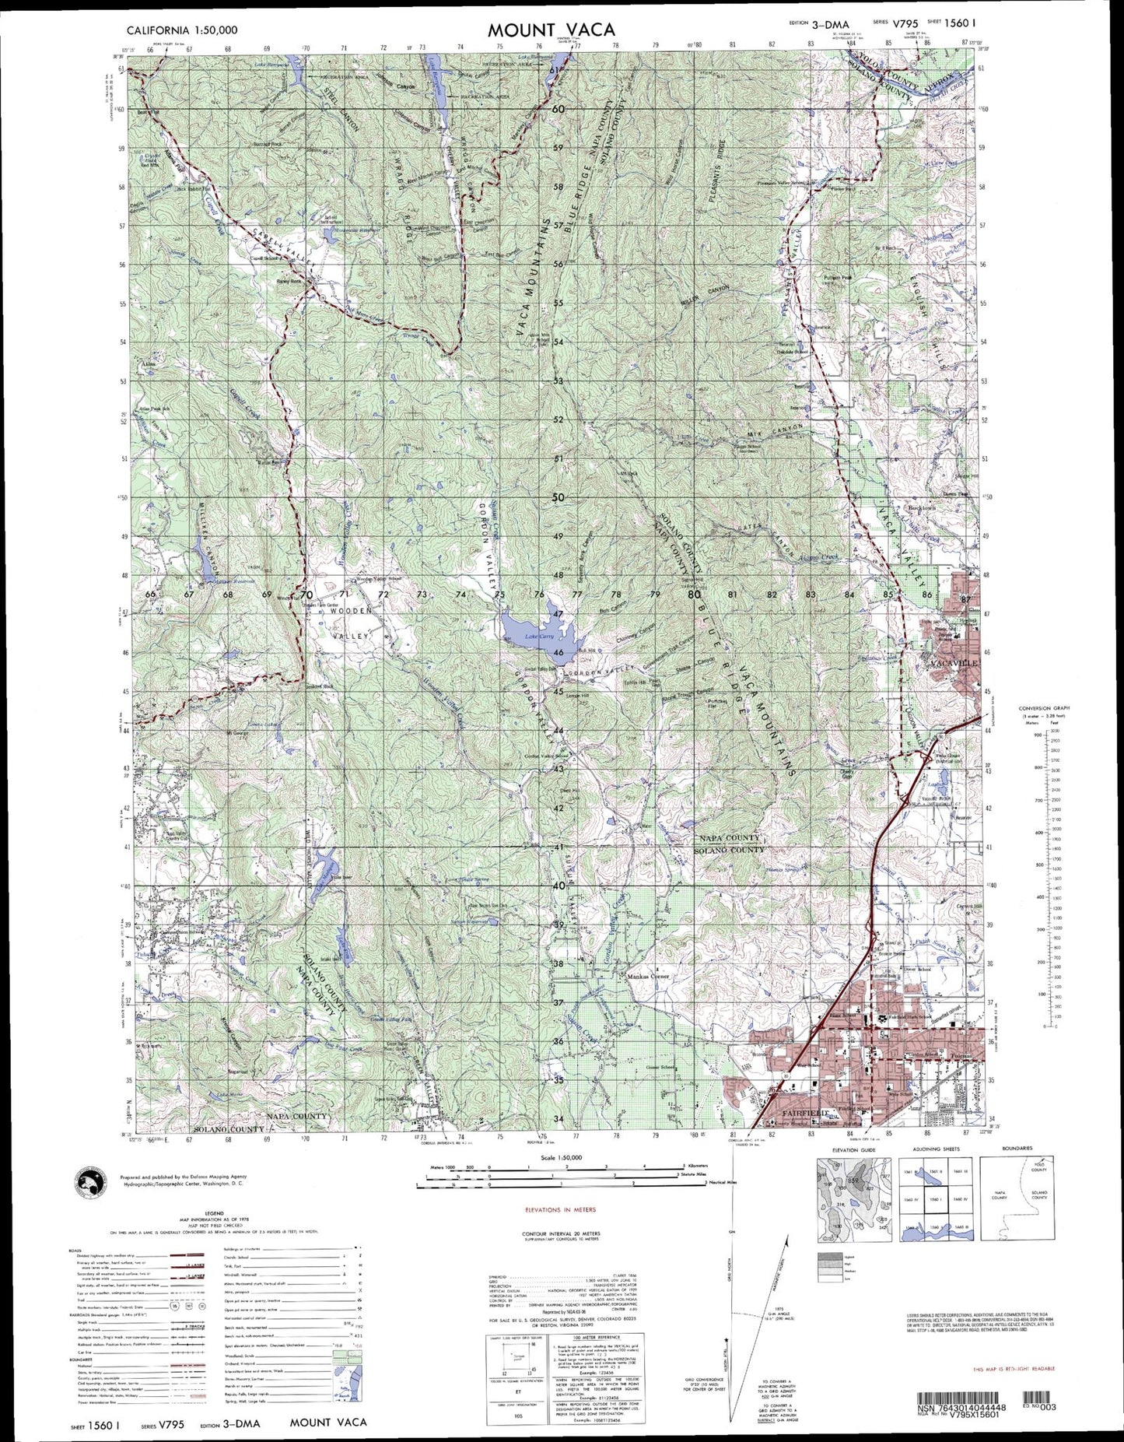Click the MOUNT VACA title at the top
[x=551, y=30]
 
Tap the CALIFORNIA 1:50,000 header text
[x=182, y=30]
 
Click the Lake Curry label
[x=538, y=636]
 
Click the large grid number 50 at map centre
[x=558, y=497]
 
